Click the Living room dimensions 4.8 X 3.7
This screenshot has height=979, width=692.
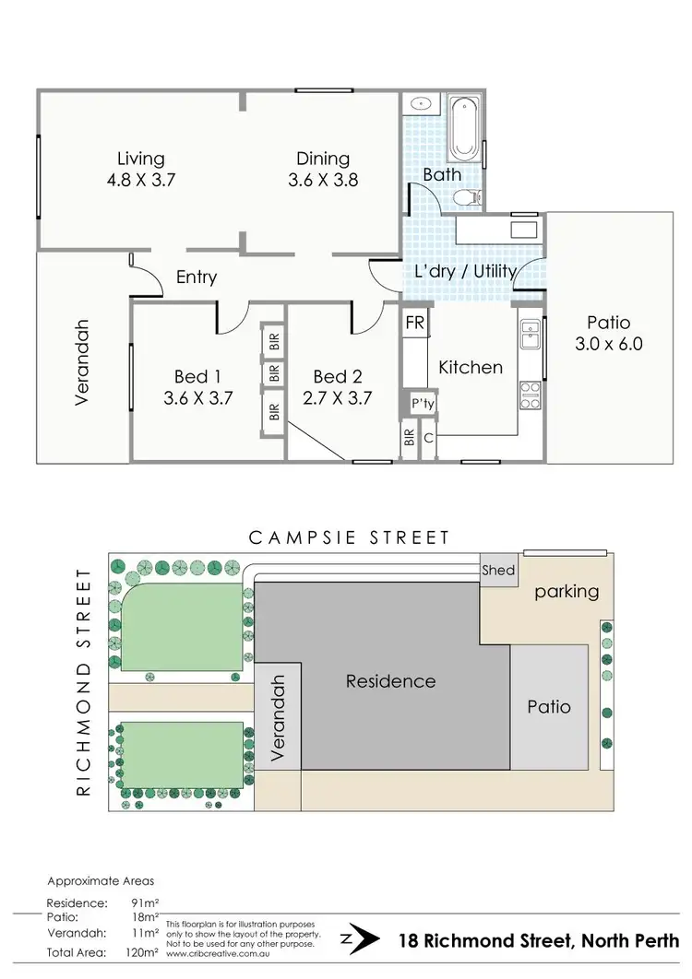point(140,179)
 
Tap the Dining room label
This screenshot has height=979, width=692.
point(323,158)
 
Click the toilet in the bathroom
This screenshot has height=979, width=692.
point(472,195)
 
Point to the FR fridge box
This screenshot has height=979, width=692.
point(414,324)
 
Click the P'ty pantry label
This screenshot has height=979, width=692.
point(423,403)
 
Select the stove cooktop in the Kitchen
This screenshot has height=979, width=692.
point(531,395)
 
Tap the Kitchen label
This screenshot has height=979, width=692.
point(470,367)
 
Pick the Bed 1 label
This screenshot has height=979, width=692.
point(197,376)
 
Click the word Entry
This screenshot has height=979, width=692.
point(197,277)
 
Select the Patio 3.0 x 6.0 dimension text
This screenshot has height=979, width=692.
point(608,345)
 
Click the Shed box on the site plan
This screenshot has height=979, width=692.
point(498,571)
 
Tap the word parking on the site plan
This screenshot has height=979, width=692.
point(567,591)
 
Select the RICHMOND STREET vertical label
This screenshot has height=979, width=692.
point(85,681)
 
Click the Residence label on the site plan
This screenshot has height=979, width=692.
point(390,681)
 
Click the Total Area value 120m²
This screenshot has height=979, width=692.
point(141,952)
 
